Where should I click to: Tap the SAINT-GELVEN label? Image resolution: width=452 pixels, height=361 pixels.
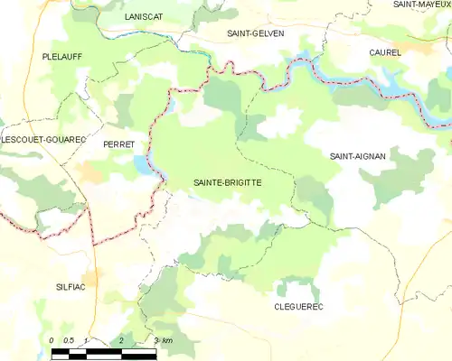pos(256,33)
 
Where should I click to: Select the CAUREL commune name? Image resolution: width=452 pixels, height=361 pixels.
pos(385,53)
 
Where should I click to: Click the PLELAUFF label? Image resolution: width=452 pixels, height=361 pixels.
pos(62,56)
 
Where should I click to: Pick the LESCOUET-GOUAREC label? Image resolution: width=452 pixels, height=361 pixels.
pos(43,140)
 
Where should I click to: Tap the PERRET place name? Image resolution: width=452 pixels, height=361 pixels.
pos(119,144)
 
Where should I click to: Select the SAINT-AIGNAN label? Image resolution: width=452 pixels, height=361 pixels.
pos(358,156)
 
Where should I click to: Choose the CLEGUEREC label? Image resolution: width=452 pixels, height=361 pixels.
pos(298,307)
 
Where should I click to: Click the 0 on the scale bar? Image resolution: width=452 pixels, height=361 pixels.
pos(52,340)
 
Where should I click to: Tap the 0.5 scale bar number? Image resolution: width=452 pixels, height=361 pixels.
pos(68,340)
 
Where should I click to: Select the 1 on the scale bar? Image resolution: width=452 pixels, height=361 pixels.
pos(85,340)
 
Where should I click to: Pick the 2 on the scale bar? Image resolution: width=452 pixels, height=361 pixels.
pos(121,340)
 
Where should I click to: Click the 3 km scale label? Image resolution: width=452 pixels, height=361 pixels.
pos(163,340)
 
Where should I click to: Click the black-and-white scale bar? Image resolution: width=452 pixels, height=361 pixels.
pos(103,352)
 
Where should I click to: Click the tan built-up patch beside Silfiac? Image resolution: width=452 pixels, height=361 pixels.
pos(91,278)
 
